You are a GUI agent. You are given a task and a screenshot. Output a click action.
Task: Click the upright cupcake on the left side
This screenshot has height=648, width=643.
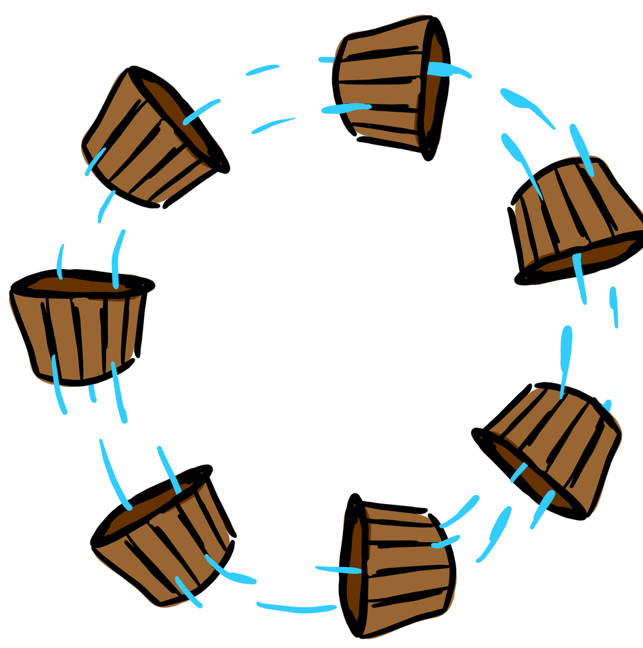click(77, 328)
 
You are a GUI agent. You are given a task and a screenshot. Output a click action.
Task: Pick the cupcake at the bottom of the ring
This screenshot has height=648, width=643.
click(399, 569)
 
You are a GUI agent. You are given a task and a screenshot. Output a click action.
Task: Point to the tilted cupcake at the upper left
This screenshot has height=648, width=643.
click(151, 138)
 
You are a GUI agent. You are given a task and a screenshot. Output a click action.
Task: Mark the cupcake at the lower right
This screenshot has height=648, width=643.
click(553, 445)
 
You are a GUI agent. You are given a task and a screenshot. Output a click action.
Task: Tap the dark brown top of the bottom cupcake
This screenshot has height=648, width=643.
click(356, 569)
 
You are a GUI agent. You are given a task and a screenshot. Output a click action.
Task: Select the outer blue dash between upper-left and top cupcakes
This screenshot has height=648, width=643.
click(262, 70)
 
